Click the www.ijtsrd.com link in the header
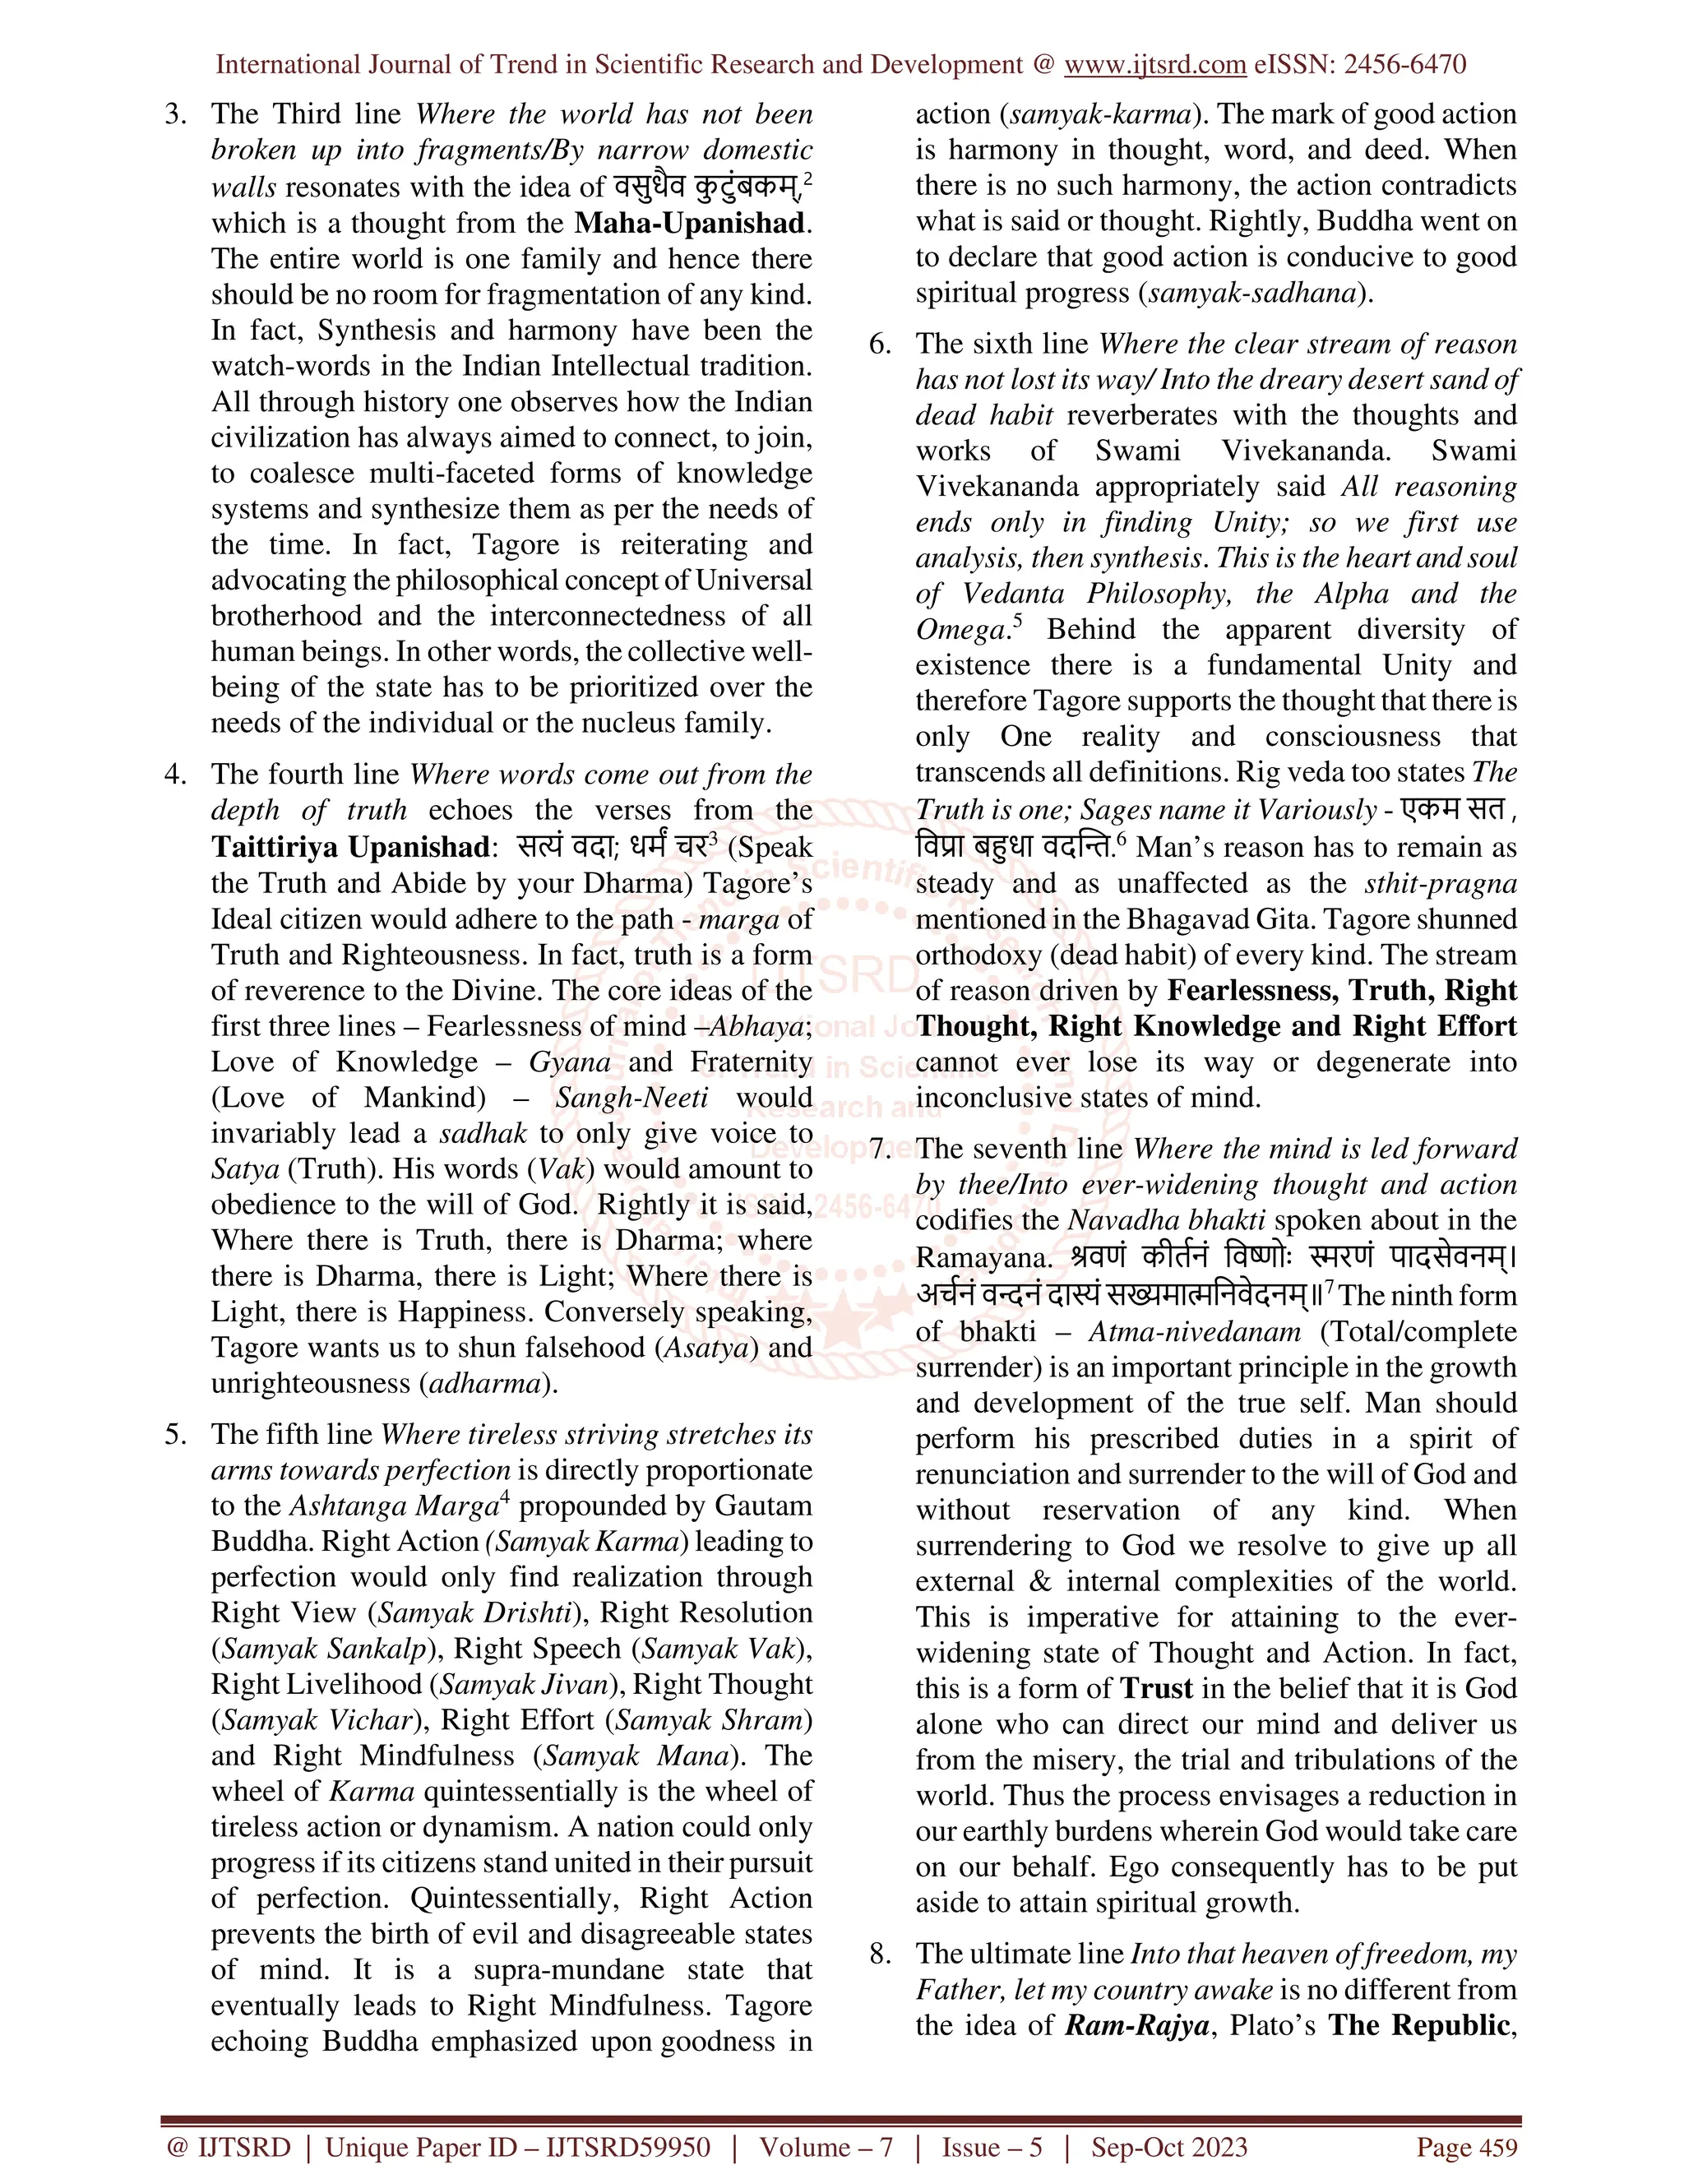coord(1154,65)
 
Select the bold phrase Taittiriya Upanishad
coord(350,847)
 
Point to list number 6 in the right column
coord(880,345)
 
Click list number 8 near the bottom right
coord(880,1954)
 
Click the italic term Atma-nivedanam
coord(1194,1332)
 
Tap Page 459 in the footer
coord(1467,2147)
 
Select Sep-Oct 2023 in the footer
coord(1169,2147)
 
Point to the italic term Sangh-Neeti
coord(631,1098)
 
